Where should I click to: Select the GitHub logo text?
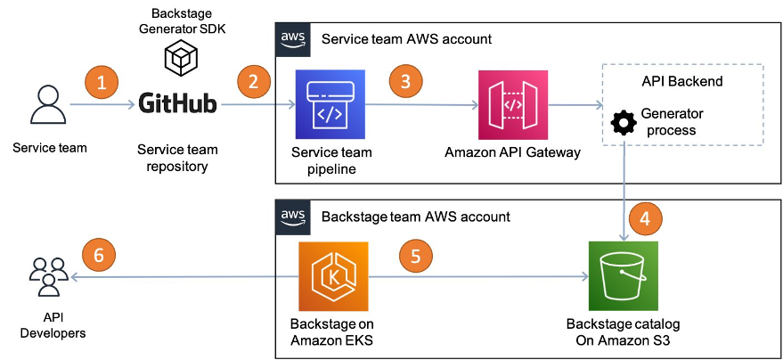click(178, 104)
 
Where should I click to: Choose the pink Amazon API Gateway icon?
click(512, 105)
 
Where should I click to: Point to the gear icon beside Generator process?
click(623, 122)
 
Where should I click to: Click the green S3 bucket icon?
click(624, 275)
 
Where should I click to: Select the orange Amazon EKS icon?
click(331, 275)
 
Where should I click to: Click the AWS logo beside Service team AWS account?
click(293, 39)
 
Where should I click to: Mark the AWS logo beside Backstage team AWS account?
click(293, 216)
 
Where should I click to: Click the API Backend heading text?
click(681, 81)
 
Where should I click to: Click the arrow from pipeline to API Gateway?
click(419, 105)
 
